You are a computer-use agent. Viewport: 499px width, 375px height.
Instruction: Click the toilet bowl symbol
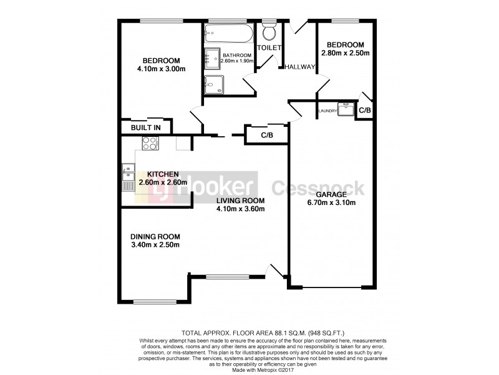point(270,32)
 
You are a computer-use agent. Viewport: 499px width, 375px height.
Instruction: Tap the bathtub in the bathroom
point(227,32)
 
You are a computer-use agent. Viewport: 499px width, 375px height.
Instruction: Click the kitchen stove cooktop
point(150,144)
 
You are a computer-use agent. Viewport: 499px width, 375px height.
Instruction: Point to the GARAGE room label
point(331,194)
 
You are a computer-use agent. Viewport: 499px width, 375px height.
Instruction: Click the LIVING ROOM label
point(241,201)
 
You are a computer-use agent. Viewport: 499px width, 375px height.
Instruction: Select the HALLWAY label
point(300,67)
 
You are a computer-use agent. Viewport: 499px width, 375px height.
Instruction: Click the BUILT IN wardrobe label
point(145,127)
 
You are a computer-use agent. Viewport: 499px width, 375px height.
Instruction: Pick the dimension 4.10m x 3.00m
point(161,69)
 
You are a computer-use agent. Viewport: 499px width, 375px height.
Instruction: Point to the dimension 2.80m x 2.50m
point(345,53)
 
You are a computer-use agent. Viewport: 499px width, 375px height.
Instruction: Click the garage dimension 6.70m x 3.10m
point(331,202)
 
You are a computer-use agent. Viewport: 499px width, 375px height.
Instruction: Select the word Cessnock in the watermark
point(317,187)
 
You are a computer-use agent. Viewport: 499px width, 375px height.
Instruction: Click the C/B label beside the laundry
point(365,111)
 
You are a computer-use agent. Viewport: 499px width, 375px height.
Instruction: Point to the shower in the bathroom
point(214,84)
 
